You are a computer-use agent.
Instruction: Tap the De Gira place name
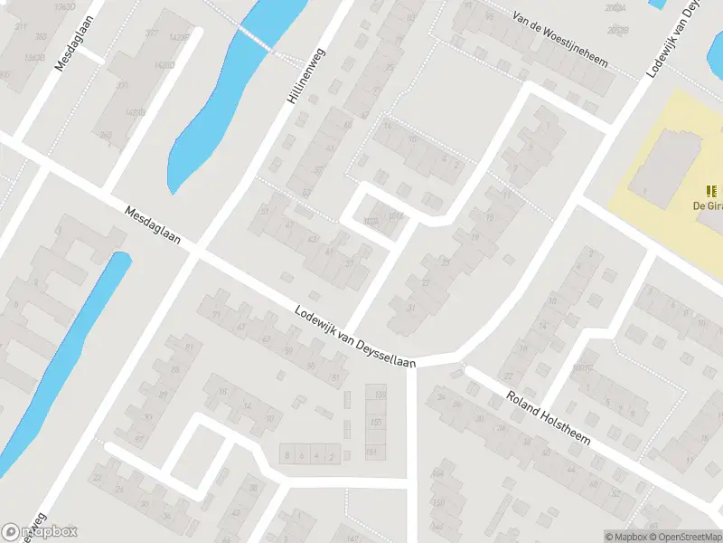point(707,205)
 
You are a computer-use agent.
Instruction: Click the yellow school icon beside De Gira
point(711,190)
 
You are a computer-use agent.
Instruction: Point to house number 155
point(374,423)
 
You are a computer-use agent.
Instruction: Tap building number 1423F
point(179,38)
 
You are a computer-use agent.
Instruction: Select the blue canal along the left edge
point(63,362)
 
